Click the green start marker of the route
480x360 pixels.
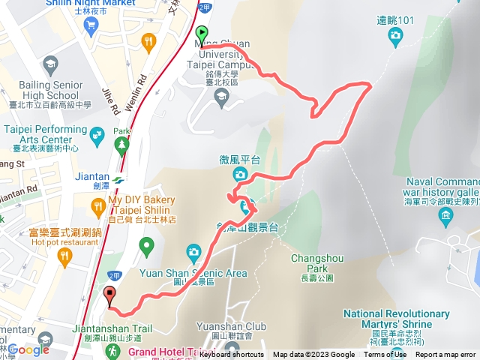(201, 34)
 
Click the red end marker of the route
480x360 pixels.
(110, 295)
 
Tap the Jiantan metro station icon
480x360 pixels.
(119, 179)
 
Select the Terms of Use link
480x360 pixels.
(385, 355)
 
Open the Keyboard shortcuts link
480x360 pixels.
(232, 355)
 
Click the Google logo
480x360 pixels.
(28, 349)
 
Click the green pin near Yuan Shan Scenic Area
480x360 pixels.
(147, 244)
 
